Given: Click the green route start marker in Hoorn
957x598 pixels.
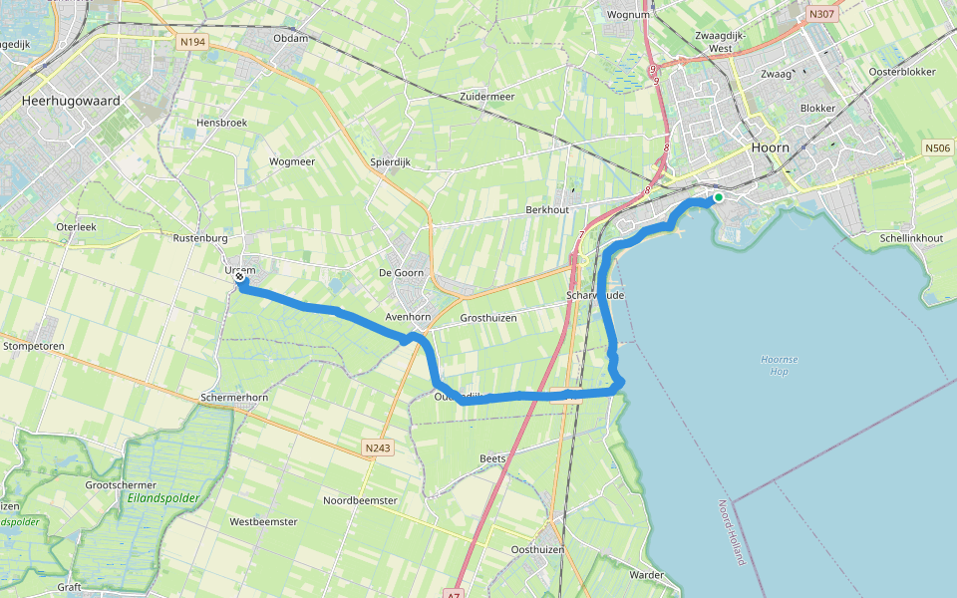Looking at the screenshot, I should point(718,197).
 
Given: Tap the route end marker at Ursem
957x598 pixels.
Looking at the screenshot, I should point(240,279).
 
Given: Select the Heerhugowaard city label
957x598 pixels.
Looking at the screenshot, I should point(70,101).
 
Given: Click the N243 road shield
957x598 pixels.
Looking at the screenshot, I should point(378,448).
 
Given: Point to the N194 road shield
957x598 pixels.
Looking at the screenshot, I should point(192,43).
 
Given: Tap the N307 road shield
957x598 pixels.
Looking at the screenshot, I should point(821,14).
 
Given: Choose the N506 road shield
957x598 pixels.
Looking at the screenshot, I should point(937,149).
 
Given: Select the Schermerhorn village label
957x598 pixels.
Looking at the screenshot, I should point(234,397).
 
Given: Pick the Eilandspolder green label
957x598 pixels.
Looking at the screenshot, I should point(163,497).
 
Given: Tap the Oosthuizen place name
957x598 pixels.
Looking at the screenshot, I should point(537,549).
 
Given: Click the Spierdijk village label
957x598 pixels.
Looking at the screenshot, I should point(390,161).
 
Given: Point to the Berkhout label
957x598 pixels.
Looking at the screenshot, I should point(547,211).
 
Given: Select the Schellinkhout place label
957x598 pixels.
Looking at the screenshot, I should point(911,238).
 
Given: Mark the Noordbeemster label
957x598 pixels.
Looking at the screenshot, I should point(360,500).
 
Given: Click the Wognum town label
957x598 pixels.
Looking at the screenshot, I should point(628,15).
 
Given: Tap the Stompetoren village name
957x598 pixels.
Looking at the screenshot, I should point(34,346).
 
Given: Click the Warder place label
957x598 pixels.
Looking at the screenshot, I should point(647,575).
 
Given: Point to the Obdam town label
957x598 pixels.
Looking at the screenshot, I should point(290,38).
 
